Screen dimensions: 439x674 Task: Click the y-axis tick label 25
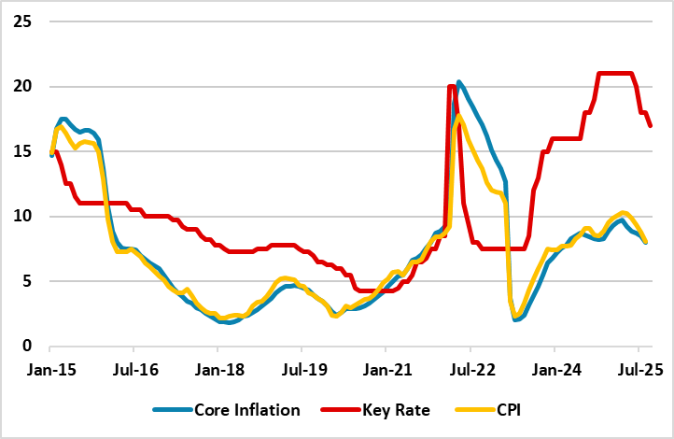click(22, 21)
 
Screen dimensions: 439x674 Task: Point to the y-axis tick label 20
click(22, 86)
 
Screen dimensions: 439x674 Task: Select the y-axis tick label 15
click(22, 151)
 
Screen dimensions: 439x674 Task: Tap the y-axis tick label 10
click(22, 216)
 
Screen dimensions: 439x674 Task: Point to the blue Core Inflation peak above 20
click(459, 82)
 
